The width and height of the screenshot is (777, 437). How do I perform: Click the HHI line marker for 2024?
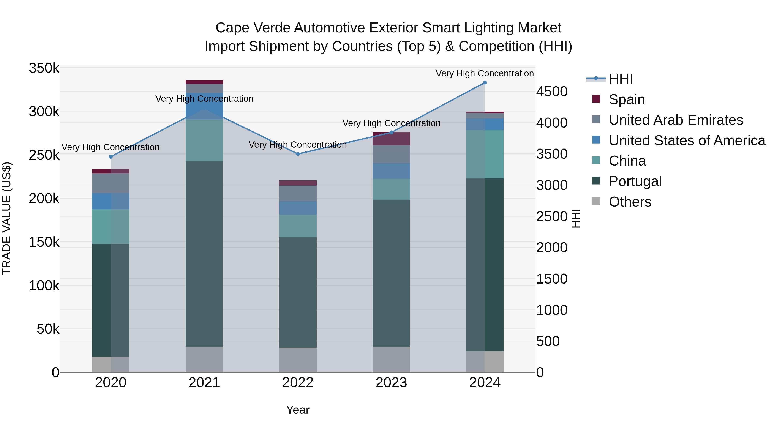click(485, 83)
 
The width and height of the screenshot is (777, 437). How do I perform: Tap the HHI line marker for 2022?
click(298, 154)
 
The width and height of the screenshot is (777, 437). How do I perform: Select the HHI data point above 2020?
click(111, 157)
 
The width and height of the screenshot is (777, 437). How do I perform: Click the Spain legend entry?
click(627, 99)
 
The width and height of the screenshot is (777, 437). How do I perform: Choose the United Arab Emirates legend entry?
click(676, 120)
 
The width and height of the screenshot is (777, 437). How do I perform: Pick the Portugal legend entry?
click(635, 181)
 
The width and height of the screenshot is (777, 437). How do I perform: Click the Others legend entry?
click(630, 202)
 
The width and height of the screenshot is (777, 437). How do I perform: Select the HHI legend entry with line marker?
click(621, 79)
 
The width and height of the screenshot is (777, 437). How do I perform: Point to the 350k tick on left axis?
click(44, 68)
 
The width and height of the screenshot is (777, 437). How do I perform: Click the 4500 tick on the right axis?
click(552, 92)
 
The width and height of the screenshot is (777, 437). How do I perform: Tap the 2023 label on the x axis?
click(391, 383)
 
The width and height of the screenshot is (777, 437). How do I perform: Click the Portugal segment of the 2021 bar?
click(204, 253)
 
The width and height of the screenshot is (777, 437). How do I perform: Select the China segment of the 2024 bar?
click(485, 154)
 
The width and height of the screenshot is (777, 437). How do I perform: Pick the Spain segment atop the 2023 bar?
click(391, 138)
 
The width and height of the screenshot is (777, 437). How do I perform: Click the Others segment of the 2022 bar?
click(298, 360)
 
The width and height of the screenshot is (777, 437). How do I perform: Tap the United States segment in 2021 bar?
click(204, 106)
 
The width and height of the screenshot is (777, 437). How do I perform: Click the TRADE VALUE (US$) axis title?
click(7, 218)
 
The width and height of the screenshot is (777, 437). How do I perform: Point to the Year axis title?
click(298, 410)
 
